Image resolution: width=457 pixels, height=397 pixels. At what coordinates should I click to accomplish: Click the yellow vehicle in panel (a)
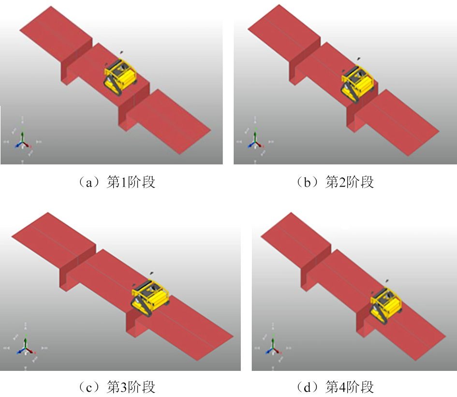pos(120,77)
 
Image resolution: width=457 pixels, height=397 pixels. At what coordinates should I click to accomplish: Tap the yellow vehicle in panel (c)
pos(150,298)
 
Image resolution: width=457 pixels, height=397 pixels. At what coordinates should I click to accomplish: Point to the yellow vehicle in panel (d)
pos(386,305)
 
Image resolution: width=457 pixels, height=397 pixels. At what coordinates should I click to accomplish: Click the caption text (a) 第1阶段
pos(117,182)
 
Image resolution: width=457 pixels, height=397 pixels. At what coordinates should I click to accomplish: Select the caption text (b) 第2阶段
pos(335,182)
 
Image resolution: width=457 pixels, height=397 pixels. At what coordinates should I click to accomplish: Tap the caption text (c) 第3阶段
pos(117,387)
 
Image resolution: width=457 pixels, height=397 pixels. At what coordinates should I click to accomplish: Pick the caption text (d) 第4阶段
pos(335,387)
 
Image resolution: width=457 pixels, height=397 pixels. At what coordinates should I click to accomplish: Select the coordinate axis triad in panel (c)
pos(26,347)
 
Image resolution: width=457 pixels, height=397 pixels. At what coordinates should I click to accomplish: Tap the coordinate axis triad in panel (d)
pos(273,347)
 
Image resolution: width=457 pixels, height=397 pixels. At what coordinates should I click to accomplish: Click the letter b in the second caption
pos(307,183)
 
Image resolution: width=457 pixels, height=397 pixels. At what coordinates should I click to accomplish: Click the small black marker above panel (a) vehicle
pos(121,52)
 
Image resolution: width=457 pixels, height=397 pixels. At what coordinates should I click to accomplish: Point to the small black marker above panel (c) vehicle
pos(151,273)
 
